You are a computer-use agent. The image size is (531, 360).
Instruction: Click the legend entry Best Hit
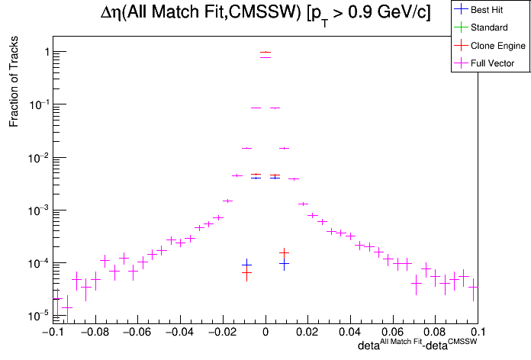(486, 10)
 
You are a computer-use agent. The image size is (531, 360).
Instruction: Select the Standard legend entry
(487, 27)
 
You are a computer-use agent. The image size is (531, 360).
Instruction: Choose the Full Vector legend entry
(492, 63)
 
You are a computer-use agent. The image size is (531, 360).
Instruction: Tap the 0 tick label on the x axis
(265, 333)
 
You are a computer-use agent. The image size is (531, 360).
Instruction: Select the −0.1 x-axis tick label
(51, 333)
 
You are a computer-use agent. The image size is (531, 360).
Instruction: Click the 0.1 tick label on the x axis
(478, 333)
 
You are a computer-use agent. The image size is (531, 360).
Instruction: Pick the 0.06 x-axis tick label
(393, 333)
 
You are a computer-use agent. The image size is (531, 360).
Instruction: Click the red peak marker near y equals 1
(265, 52)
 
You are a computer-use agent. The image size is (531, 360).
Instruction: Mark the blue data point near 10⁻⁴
(284, 265)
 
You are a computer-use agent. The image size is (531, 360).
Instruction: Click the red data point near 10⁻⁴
(284, 252)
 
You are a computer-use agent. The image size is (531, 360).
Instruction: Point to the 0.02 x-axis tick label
(307, 333)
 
